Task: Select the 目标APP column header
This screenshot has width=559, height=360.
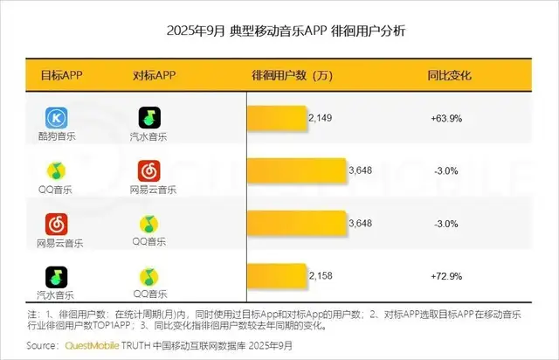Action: tap(63, 75)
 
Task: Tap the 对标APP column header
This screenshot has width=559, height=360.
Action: tap(155, 75)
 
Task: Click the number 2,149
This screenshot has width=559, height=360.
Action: tap(321, 117)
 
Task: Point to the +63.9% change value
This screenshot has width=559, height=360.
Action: tap(445, 117)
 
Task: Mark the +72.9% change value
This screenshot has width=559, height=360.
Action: tap(445, 277)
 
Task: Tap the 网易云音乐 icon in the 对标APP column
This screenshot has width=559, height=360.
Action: tap(154, 170)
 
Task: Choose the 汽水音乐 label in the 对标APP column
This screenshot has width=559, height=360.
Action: tap(154, 136)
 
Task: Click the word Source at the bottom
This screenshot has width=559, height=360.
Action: tap(44, 346)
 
